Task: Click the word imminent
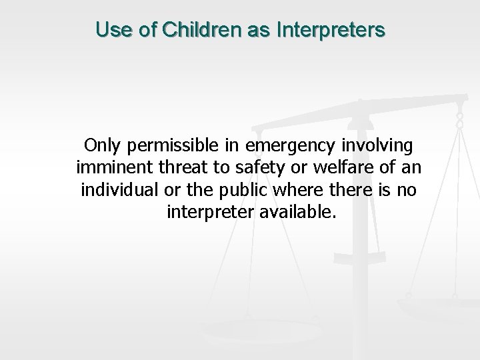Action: point(107,167)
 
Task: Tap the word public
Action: point(239,190)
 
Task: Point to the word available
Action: point(299,213)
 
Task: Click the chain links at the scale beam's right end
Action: point(459,120)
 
